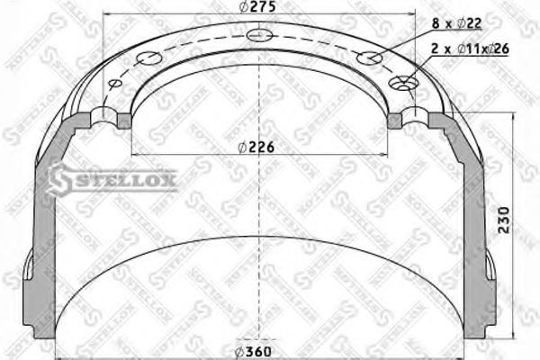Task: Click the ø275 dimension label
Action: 257,6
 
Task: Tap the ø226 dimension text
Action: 256,148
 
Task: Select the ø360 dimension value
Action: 253,352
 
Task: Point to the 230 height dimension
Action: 503,220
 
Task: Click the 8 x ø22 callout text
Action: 456,23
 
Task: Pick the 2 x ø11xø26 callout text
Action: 470,49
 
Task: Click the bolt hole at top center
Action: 260,35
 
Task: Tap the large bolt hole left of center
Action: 148,58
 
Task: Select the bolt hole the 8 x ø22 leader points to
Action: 369,58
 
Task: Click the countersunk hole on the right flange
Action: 403,83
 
